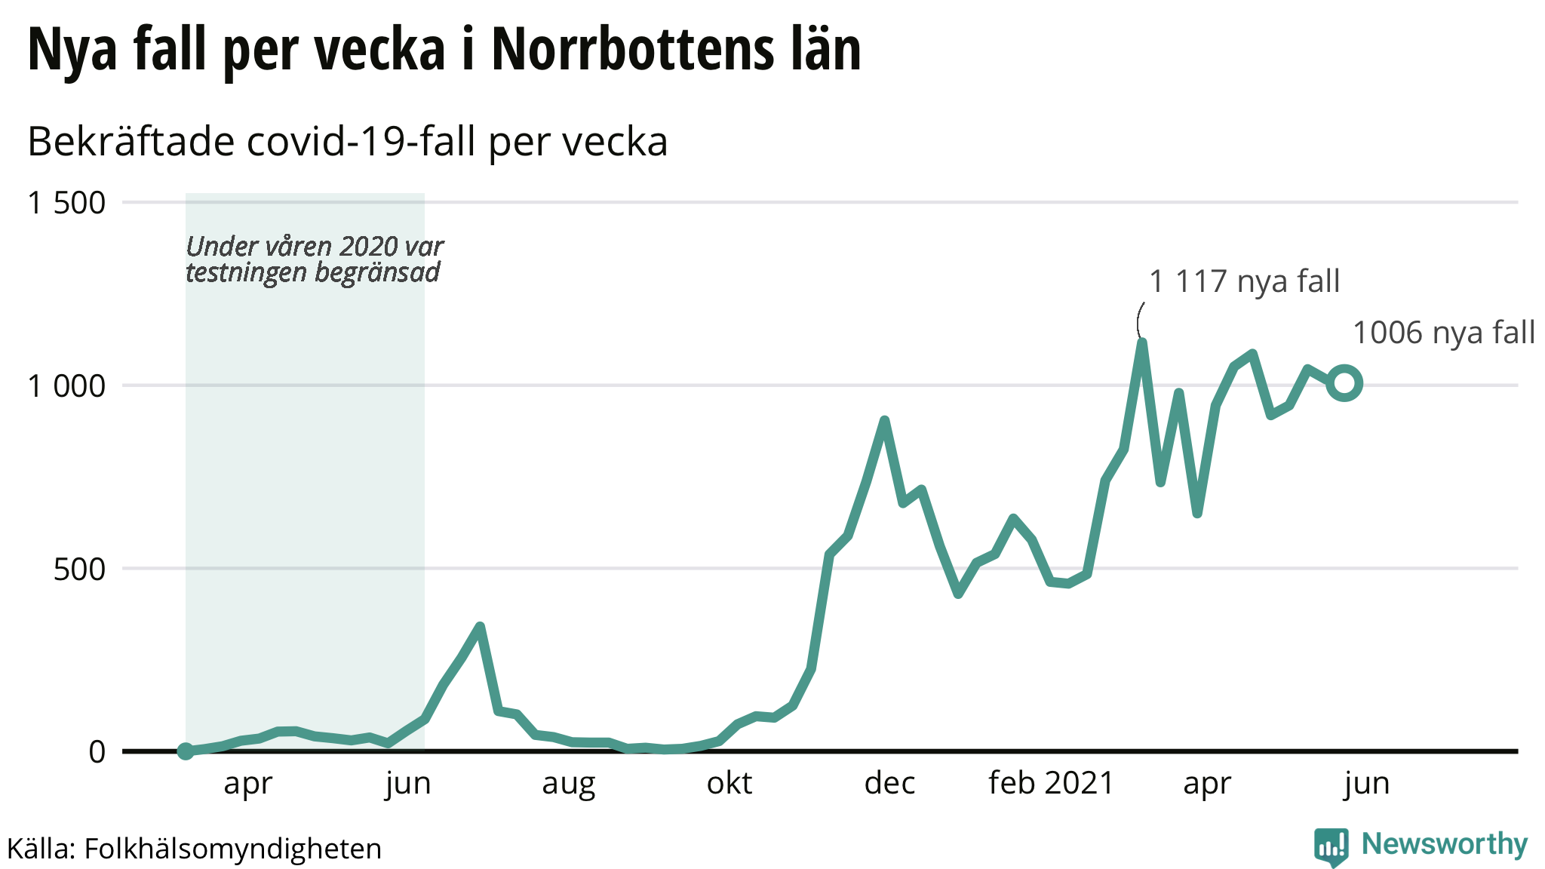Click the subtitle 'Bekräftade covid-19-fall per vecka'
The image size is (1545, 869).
(348, 141)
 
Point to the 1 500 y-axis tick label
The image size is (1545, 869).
(66, 203)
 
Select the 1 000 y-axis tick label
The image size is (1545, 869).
(66, 386)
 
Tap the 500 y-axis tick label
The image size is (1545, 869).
(79, 570)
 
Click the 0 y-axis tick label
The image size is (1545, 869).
(97, 752)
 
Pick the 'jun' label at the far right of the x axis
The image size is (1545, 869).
(1366, 784)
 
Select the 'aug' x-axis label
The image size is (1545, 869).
(569, 784)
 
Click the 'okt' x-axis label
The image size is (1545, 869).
(729, 784)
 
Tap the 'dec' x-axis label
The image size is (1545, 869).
(889, 784)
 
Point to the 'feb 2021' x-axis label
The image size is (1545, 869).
(1051, 784)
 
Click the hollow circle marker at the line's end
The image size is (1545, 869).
(1344, 383)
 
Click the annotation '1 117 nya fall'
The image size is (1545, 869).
(1244, 281)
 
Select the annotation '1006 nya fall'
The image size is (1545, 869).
(1444, 333)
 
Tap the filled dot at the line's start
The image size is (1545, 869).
(186, 751)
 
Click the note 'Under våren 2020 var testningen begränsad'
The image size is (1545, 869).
(314, 259)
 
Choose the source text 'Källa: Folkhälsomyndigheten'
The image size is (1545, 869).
(195, 849)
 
